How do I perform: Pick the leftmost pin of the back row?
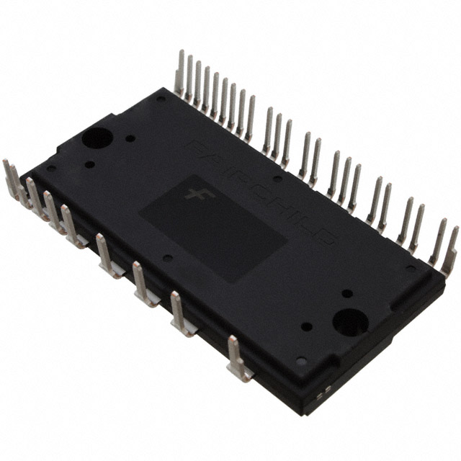click(x=179, y=72)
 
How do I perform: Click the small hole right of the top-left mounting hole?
click(x=130, y=138)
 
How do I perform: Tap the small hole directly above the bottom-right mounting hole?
click(x=346, y=293)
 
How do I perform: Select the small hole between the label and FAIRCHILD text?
click(x=277, y=178)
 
